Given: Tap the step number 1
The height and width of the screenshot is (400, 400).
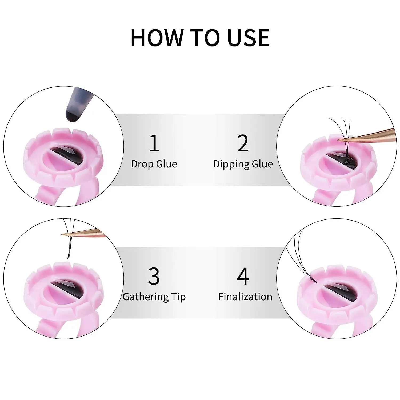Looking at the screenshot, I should pos(154,143).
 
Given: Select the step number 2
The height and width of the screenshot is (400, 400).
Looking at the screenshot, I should pos(243,143).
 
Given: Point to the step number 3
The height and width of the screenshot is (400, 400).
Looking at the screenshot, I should pos(154,276).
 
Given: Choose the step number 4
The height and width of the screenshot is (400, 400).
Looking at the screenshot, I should pos(243,276).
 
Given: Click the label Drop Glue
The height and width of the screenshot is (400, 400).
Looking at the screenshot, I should pos(154,164).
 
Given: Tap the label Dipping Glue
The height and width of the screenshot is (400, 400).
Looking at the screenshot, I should pos(243,164).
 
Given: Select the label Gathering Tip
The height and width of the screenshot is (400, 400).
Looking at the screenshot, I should pos(154,297).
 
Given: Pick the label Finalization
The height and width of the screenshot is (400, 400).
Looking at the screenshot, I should pos(245,297).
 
